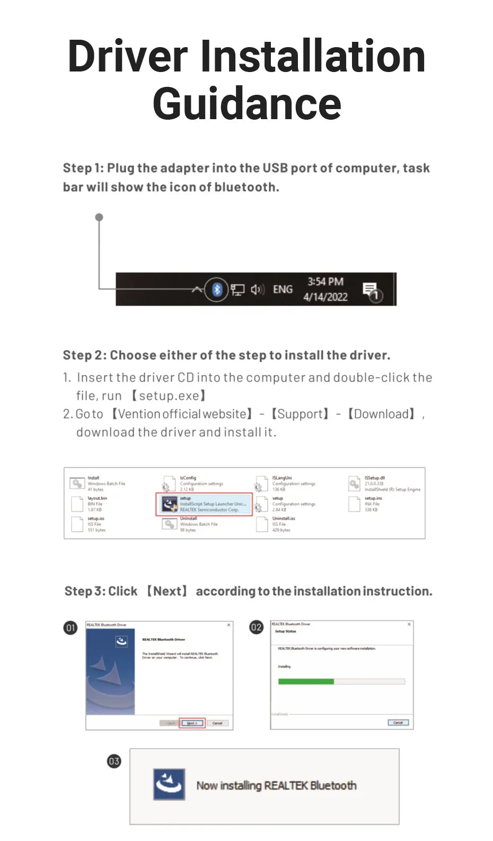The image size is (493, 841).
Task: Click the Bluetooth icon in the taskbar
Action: pyautogui.click(x=216, y=289)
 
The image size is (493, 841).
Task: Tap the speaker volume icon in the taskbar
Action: pyautogui.click(x=257, y=289)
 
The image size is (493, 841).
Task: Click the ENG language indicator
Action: pyautogui.click(x=283, y=289)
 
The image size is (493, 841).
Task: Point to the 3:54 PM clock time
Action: pyautogui.click(x=325, y=282)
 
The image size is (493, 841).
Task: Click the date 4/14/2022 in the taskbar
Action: pyautogui.click(x=325, y=297)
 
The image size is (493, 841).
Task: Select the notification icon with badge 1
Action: pyautogui.click(x=372, y=291)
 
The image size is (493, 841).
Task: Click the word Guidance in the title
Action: pyautogui.click(x=247, y=104)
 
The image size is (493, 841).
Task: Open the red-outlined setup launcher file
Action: pyautogui.click(x=204, y=504)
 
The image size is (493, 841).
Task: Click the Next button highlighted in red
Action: pyautogui.click(x=192, y=723)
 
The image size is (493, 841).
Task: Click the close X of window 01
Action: pyautogui.click(x=229, y=625)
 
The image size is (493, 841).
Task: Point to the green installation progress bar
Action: pyautogui.click(x=306, y=682)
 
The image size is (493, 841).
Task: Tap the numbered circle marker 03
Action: pyautogui.click(x=114, y=761)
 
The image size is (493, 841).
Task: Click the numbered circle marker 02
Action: pyautogui.click(x=256, y=628)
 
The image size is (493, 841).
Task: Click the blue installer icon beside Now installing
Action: pyautogui.click(x=169, y=784)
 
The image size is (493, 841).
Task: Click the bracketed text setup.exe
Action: pyautogui.click(x=169, y=396)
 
